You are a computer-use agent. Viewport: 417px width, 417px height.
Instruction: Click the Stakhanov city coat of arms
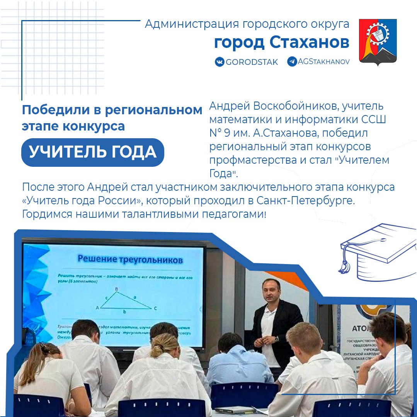click(x=378, y=42)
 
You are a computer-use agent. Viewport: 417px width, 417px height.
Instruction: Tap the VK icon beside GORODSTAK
click(x=220, y=62)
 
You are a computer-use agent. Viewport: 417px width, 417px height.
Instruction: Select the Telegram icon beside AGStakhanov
click(x=292, y=61)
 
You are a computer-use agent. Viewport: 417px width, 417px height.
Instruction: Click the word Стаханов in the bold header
click(x=310, y=43)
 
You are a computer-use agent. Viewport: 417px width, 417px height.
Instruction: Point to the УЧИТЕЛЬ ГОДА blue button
click(x=93, y=152)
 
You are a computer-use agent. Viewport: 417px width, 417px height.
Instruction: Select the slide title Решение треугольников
click(x=130, y=259)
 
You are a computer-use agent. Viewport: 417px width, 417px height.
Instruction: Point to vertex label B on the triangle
click(x=116, y=289)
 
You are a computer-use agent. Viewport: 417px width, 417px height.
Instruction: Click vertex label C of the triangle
click(x=155, y=308)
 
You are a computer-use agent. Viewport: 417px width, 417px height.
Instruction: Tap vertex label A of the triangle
click(x=97, y=308)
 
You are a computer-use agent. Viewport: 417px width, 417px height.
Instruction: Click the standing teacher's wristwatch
click(x=276, y=339)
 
